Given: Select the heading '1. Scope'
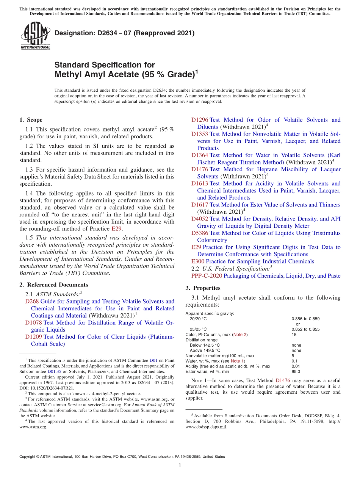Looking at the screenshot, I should pyautogui.click(x=31, y=120).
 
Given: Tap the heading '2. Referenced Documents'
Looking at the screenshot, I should pyautogui.click(x=54, y=285).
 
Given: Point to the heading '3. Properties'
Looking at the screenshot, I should pyautogui.click(x=203, y=288).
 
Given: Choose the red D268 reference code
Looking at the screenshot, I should pyautogui.click(x=32, y=302).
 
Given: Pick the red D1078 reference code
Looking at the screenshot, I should pyautogui.click(x=33, y=323).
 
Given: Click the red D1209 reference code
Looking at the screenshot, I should pyautogui.click(x=33, y=337).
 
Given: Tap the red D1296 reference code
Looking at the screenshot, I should pyautogui.click(x=199, y=120).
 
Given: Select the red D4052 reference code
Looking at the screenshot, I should pyautogui.click(x=199, y=219).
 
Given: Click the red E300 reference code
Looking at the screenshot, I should pyautogui.click(x=198, y=261).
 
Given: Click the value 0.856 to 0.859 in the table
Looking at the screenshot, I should pyautogui.click(x=305, y=319).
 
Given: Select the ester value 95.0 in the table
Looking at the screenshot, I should pyautogui.click(x=296, y=372).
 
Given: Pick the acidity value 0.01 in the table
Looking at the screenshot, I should pyautogui.click(x=296, y=366).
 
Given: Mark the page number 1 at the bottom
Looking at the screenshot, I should pyautogui.click(x=180, y=465).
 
